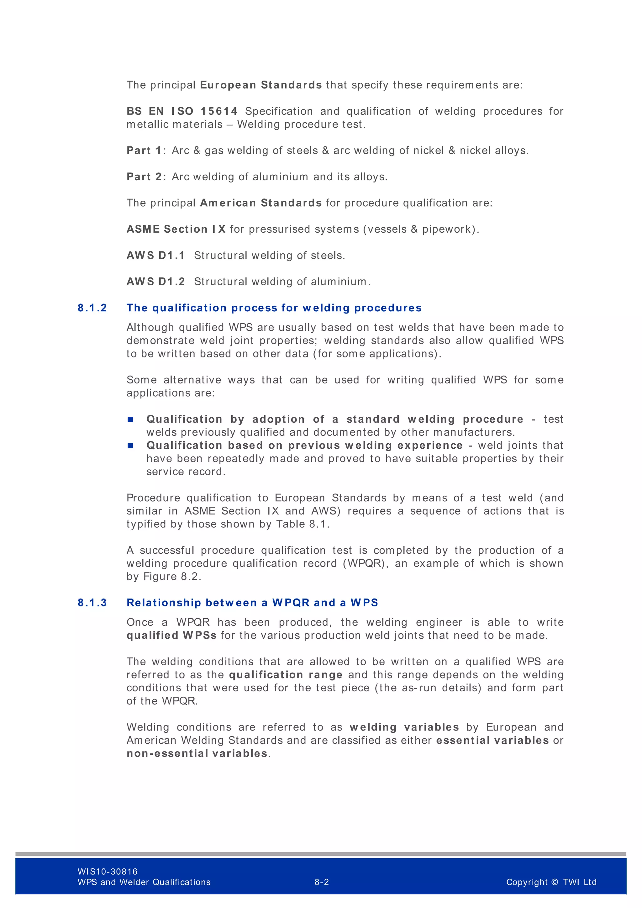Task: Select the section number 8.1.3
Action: click(x=92, y=602)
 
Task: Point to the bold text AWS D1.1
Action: click(x=156, y=255)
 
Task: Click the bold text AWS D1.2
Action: click(x=156, y=281)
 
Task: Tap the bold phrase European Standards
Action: click(x=261, y=85)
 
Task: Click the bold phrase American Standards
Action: click(x=261, y=203)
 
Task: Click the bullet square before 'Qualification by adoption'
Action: click(x=130, y=419)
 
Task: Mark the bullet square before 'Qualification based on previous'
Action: click(x=130, y=445)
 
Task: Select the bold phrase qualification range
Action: click(x=286, y=674)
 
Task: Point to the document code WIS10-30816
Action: click(x=108, y=871)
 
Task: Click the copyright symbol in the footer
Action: click(x=554, y=882)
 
